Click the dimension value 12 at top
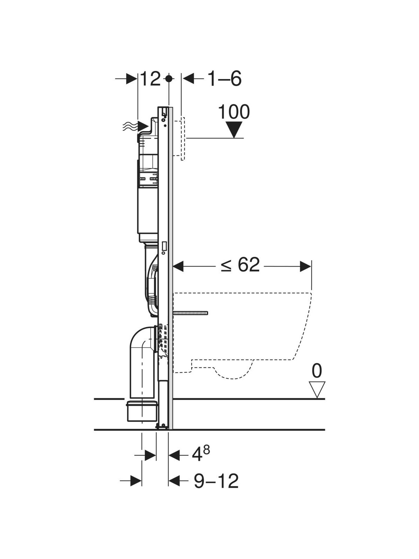(x=150, y=79)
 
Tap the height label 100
(x=234, y=112)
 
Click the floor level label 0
(x=317, y=371)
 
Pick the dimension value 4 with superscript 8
(x=201, y=454)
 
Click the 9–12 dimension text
(x=216, y=481)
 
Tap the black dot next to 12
(x=169, y=79)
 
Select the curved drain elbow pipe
(x=141, y=353)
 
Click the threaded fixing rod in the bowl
(x=190, y=313)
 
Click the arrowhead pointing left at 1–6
(x=189, y=79)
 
